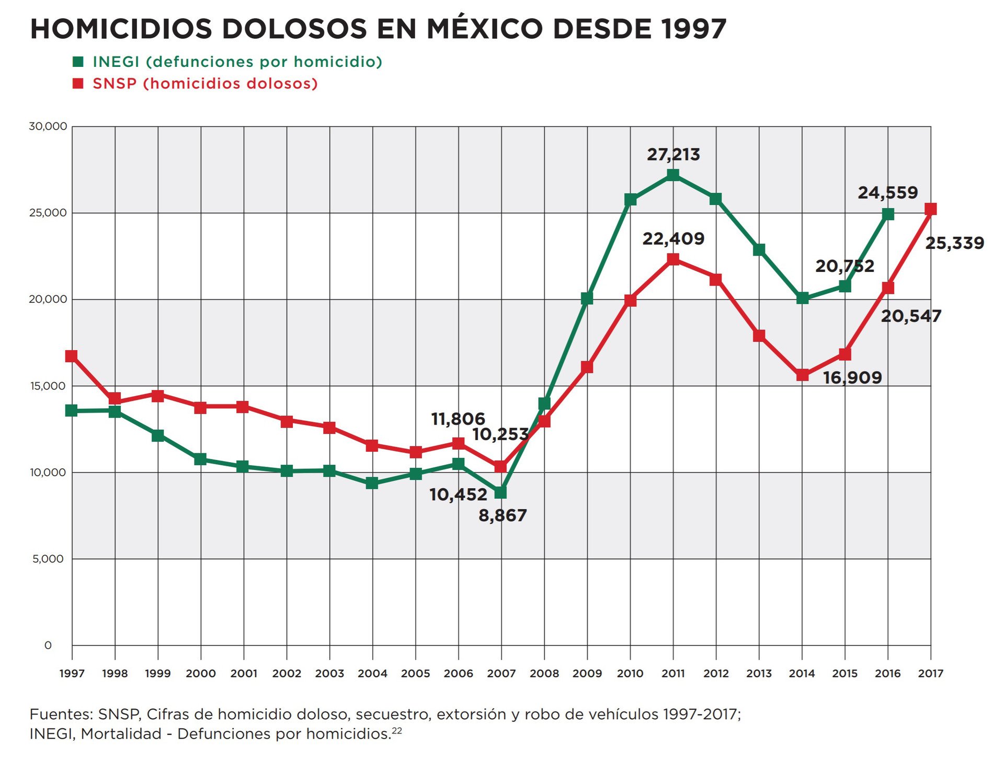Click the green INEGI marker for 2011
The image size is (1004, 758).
(x=673, y=175)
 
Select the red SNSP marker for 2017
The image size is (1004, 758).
(x=930, y=210)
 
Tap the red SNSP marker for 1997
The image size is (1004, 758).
(x=72, y=357)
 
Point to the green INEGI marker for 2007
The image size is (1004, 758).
(x=500, y=492)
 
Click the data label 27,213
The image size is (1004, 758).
(x=673, y=155)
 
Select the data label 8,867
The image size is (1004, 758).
(x=503, y=516)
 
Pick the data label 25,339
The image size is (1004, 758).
(x=954, y=243)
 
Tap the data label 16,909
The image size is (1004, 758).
(x=852, y=377)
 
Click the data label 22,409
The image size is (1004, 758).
(x=673, y=239)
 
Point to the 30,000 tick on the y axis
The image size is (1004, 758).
(x=48, y=127)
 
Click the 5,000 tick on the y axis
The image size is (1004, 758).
(x=48, y=559)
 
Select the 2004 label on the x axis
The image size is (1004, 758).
(x=372, y=674)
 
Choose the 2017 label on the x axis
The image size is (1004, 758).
(x=930, y=674)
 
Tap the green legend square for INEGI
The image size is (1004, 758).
(x=78, y=62)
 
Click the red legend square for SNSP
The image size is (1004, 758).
(x=78, y=84)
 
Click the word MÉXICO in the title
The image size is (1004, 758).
(x=485, y=29)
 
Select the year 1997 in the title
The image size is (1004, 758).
(x=693, y=29)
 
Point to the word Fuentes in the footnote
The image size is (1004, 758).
(x=60, y=714)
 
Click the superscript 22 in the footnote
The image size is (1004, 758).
(x=397, y=730)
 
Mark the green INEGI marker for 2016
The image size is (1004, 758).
(x=887, y=214)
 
